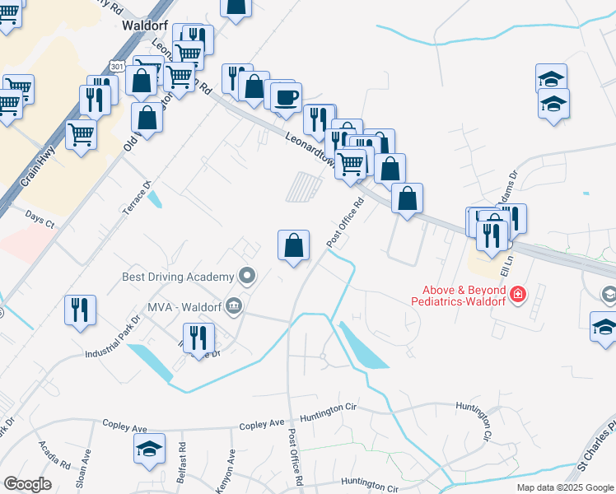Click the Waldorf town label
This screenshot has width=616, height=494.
click(145, 25)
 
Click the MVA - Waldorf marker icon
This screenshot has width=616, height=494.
click(235, 307)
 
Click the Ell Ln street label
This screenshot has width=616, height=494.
click(508, 265)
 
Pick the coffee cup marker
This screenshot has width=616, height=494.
click(286, 98)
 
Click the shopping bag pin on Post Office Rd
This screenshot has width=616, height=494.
click(293, 245)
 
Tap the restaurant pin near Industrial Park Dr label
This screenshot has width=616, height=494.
click(81, 310)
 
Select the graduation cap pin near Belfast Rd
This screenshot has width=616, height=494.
click(149, 449)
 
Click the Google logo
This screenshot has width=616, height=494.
click(27, 484)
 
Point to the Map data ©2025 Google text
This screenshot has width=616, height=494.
click(564, 487)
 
